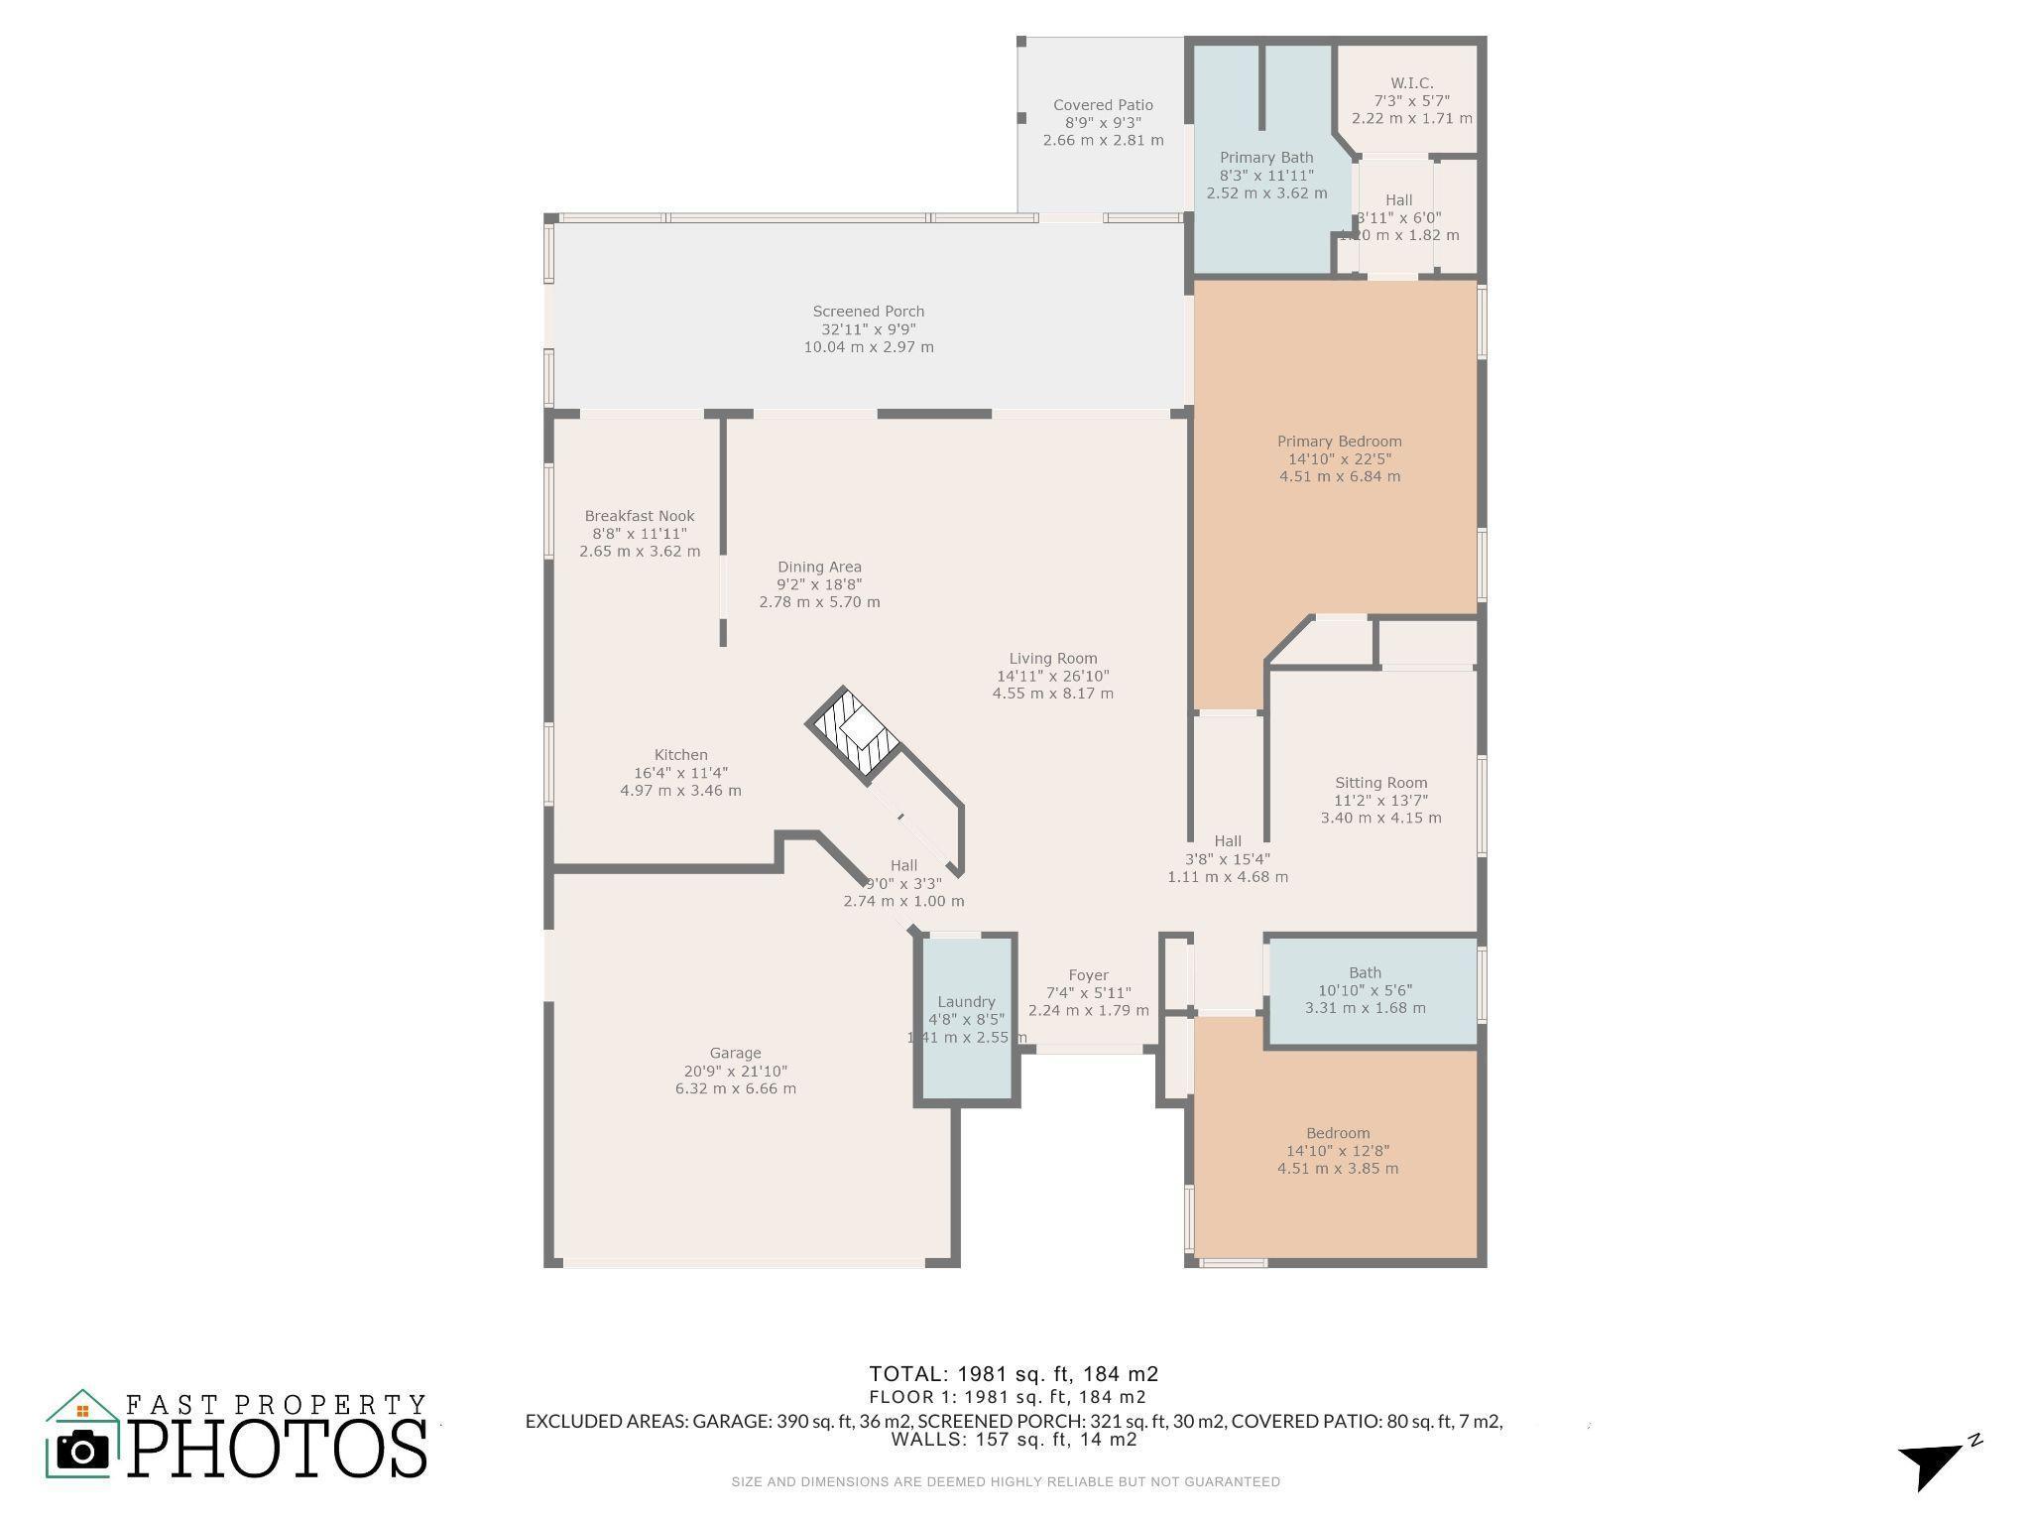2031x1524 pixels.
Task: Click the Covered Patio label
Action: pyautogui.click(x=1103, y=105)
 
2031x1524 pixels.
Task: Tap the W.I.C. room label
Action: pyautogui.click(x=1411, y=83)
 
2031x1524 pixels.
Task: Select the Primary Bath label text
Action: pyautogui.click(x=1266, y=158)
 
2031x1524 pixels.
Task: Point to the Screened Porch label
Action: pyautogui.click(x=869, y=312)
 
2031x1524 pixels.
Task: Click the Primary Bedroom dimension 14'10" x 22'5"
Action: pyautogui.click(x=1340, y=459)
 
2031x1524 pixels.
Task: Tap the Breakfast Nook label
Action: pyautogui.click(x=640, y=516)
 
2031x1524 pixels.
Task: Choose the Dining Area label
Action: pyautogui.click(x=819, y=568)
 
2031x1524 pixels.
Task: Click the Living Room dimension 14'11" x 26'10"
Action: pyautogui.click(x=1053, y=676)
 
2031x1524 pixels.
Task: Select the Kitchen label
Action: pyautogui.click(x=681, y=755)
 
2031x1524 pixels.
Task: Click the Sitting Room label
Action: pyautogui.click(x=1380, y=783)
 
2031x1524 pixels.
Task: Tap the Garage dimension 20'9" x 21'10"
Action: pyautogui.click(x=736, y=1072)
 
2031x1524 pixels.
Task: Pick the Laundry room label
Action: pyautogui.click(x=966, y=1002)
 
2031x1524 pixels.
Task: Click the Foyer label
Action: pyautogui.click(x=1088, y=975)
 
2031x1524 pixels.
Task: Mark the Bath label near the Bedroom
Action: pyautogui.click(x=1365, y=973)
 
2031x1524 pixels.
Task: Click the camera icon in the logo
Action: pyautogui.click(x=83, y=1452)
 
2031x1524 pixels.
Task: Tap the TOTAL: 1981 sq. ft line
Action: pyautogui.click(x=1014, y=1374)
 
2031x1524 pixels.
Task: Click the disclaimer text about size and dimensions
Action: pyautogui.click(x=1006, y=1482)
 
